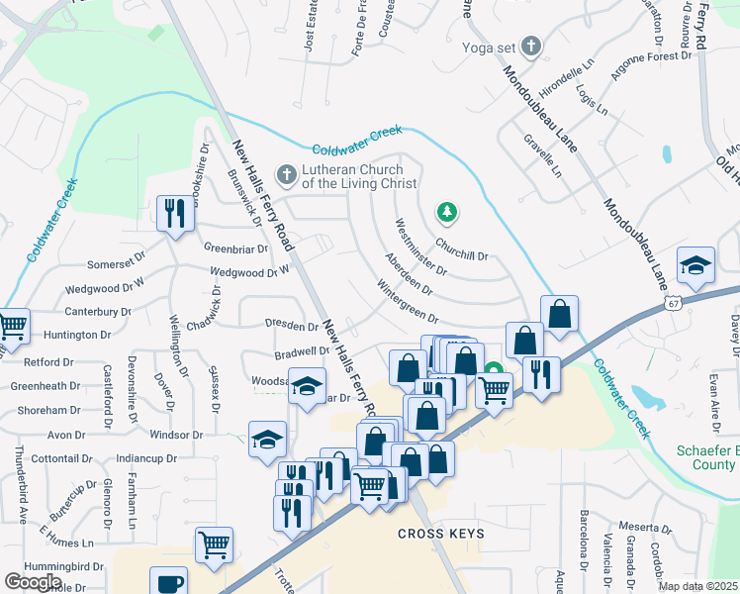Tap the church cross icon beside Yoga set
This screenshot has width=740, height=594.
(531, 46)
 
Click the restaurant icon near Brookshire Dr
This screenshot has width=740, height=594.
(175, 212)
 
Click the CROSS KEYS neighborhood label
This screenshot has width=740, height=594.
(441, 534)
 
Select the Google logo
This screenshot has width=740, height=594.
(33, 582)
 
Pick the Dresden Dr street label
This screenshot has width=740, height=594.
(291, 325)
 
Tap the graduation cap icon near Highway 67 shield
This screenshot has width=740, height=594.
(695, 264)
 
